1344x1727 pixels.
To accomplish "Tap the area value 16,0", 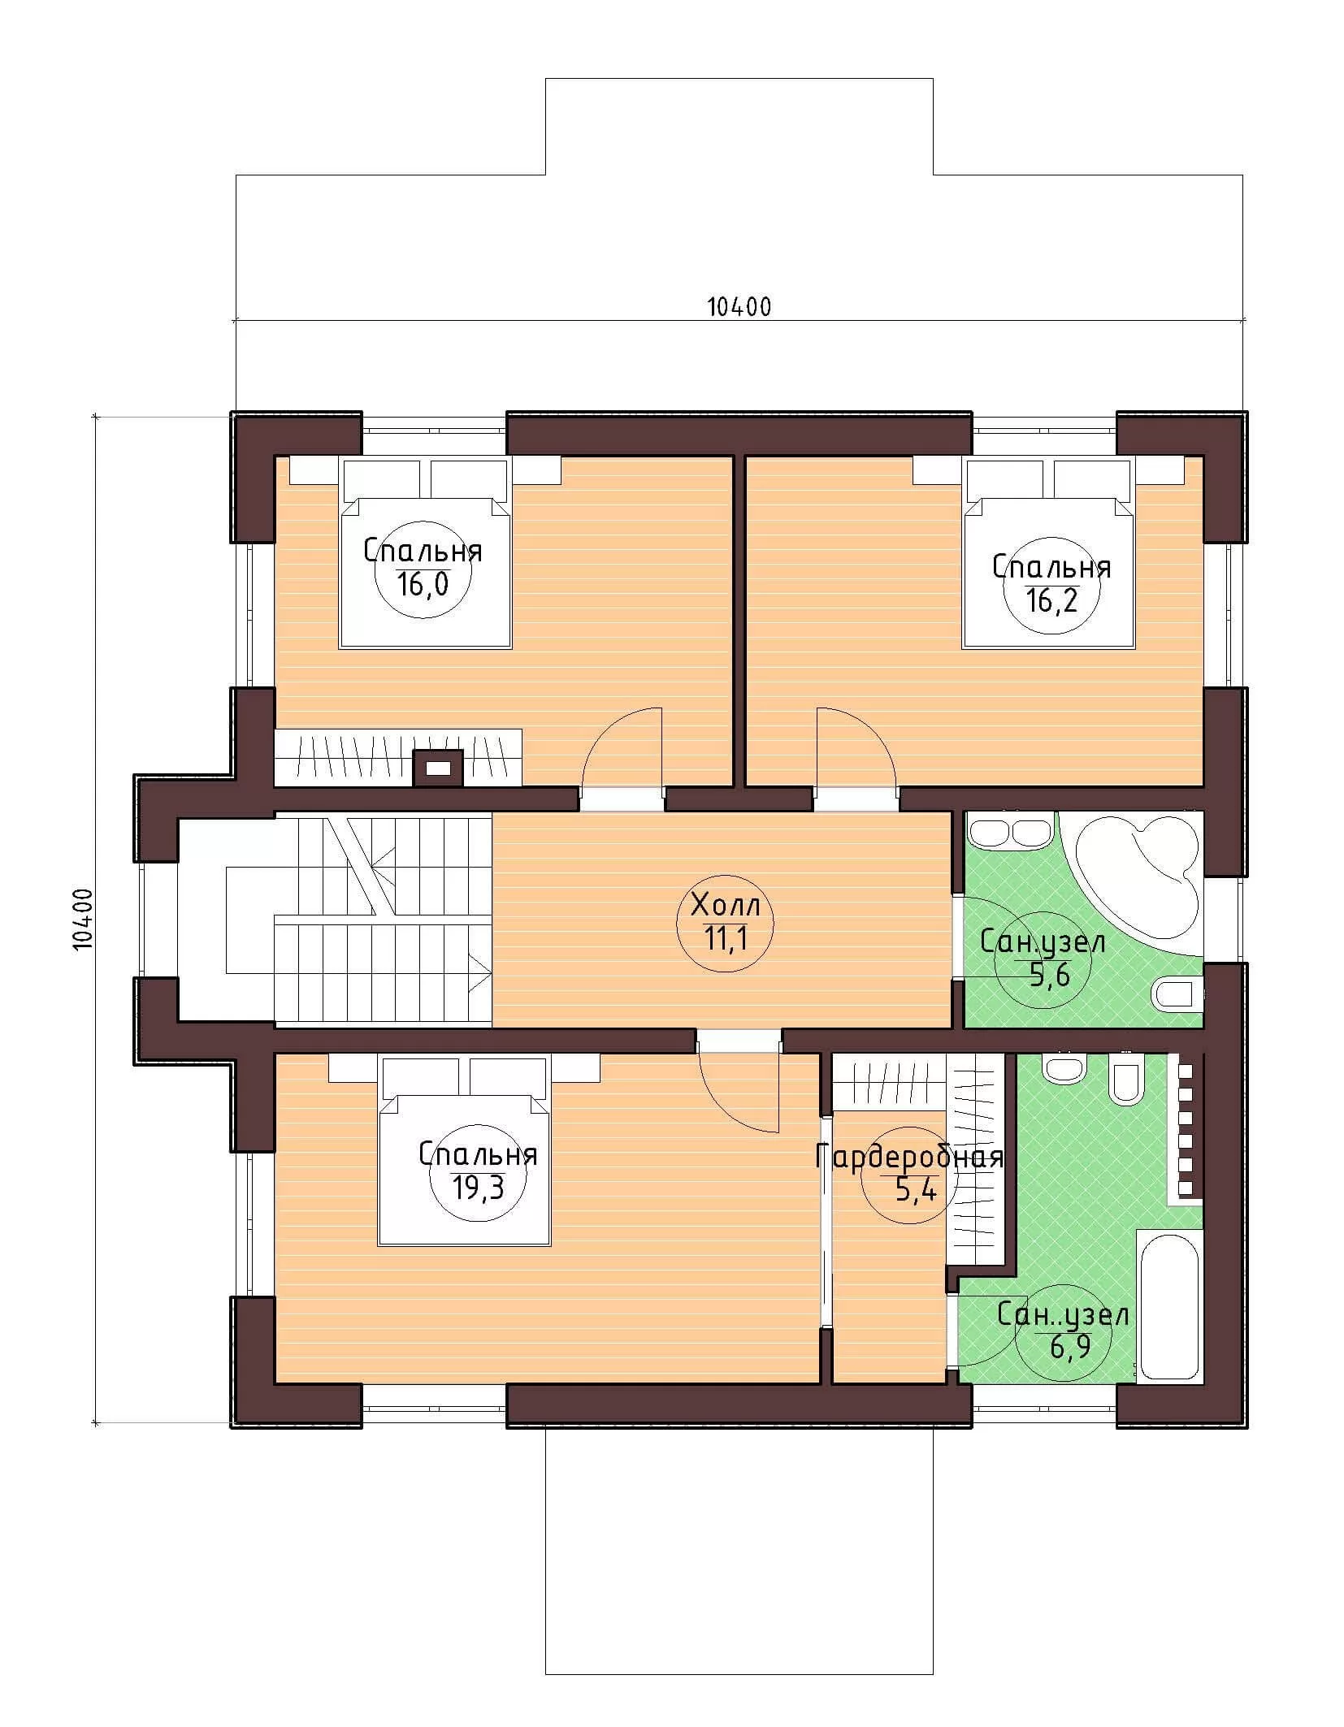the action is [423, 584].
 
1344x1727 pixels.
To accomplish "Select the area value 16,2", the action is [1051, 600].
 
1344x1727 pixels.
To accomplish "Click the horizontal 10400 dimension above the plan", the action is [739, 307].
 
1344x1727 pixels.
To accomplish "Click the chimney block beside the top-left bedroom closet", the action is [439, 767].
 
